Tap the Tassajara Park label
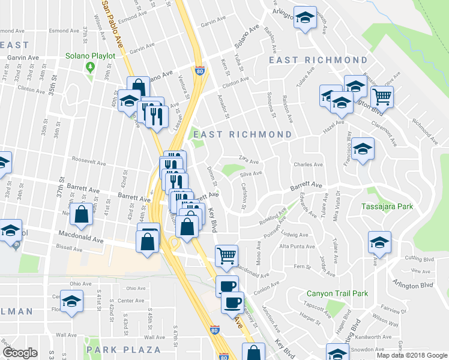click(388, 207)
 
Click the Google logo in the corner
click(20, 353)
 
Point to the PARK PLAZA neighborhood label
click(124, 349)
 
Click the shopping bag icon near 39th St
click(81, 213)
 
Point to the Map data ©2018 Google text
click(411, 355)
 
